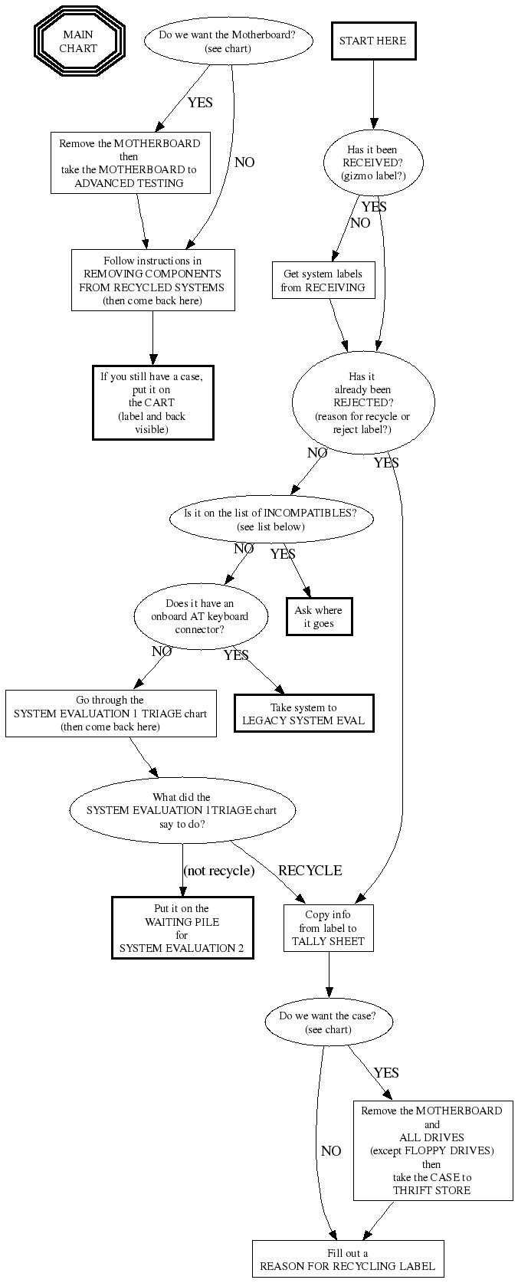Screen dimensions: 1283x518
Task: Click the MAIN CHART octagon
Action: (79, 41)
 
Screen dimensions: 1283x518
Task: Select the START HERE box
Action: (373, 41)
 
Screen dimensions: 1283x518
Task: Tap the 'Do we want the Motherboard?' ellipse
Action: (228, 41)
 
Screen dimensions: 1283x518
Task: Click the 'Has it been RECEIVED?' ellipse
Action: (372, 162)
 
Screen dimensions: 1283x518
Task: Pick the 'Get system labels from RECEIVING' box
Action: (323, 281)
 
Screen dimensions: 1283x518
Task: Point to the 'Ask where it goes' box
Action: (318, 617)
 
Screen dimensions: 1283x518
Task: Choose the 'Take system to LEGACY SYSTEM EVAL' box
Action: (303, 714)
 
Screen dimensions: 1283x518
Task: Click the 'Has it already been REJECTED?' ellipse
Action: (362, 402)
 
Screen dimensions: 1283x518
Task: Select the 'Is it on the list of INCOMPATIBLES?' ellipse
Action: (270, 520)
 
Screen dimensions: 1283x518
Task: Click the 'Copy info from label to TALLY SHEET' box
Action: (328, 927)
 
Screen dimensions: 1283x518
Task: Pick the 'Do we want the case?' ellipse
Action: (328, 1022)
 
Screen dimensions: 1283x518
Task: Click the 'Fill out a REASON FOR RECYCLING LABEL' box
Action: (347, 1259)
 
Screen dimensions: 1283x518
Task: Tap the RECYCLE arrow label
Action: (310, 871)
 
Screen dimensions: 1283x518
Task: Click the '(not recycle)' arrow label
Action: (218, 871)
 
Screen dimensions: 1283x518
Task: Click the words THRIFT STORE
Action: (431, 1190)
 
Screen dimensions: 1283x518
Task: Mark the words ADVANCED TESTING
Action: (129, 183)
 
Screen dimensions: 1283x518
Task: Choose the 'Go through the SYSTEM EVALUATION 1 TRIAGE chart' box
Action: (110, 714)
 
